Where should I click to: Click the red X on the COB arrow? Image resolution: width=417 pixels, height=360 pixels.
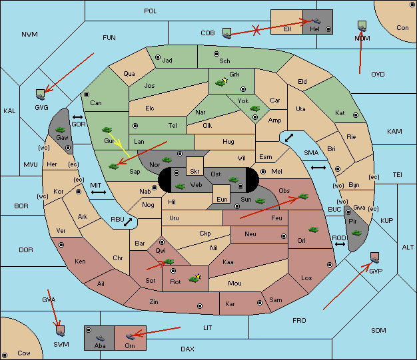256,30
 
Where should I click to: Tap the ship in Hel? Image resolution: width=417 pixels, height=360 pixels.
316,21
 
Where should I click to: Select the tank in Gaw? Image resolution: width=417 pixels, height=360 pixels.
61,130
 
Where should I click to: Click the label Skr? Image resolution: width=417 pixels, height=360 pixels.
195,172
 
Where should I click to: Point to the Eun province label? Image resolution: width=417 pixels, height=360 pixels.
222,199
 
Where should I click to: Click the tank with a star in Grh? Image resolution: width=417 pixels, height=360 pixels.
222,83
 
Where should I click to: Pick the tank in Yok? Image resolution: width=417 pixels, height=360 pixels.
254,108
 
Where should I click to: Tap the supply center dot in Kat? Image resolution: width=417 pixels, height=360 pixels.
356,115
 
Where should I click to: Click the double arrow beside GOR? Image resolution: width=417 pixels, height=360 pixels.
78,117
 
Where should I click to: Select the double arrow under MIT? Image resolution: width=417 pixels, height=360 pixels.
99,192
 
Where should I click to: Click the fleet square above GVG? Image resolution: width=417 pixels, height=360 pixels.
41,94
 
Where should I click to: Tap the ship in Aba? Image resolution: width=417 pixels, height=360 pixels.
100,338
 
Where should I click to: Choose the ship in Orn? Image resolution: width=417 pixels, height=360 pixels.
130,336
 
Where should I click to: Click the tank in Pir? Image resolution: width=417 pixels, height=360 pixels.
356,233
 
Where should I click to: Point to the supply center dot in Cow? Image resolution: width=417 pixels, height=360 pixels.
5,355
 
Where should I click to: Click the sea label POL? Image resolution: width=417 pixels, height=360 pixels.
151,11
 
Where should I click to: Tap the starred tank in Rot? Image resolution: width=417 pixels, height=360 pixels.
195,278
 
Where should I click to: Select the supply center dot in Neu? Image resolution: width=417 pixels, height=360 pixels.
284,236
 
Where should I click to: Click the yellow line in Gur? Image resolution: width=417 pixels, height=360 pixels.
119,145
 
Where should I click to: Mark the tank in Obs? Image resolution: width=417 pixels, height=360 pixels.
304,196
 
